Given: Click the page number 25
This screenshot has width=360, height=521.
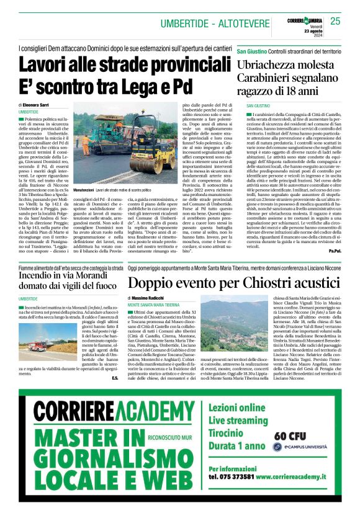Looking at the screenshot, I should click(335, 21).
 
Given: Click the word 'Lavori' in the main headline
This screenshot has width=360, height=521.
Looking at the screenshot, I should click(49, 65).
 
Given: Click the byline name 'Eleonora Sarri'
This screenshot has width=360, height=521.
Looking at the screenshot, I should click(43, 105).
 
